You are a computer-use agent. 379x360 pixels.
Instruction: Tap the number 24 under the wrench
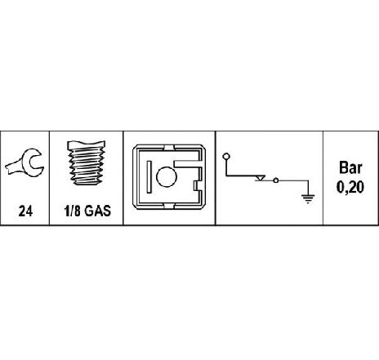[25, 211]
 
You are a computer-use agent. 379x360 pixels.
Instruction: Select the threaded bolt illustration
[86, 162]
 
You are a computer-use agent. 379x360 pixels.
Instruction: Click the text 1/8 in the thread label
[72, 211]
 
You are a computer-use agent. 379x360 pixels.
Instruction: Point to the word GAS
[97, 211]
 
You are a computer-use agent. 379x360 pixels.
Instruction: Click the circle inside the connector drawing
[167, 176]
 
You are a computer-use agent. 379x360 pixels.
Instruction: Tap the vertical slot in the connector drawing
[149, 177]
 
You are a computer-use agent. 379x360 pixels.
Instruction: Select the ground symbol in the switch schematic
[308, 199]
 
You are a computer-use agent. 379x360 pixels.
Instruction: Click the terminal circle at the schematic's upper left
[226, 157]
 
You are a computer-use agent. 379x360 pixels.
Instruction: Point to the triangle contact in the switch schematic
[260, 178]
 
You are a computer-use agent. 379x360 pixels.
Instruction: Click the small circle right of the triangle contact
[276, 180]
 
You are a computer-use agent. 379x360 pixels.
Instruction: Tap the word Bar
[350, 167]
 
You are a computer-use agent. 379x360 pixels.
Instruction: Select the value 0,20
[350, 187]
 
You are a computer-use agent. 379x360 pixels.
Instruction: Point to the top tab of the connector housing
[169, 147]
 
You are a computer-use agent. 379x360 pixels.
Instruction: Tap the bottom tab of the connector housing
[169, 207]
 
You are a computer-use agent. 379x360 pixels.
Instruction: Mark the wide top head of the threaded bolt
[86, 145]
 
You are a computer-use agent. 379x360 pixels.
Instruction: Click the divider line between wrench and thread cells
[49, 178]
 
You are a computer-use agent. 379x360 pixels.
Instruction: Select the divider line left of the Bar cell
[323, 178]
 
